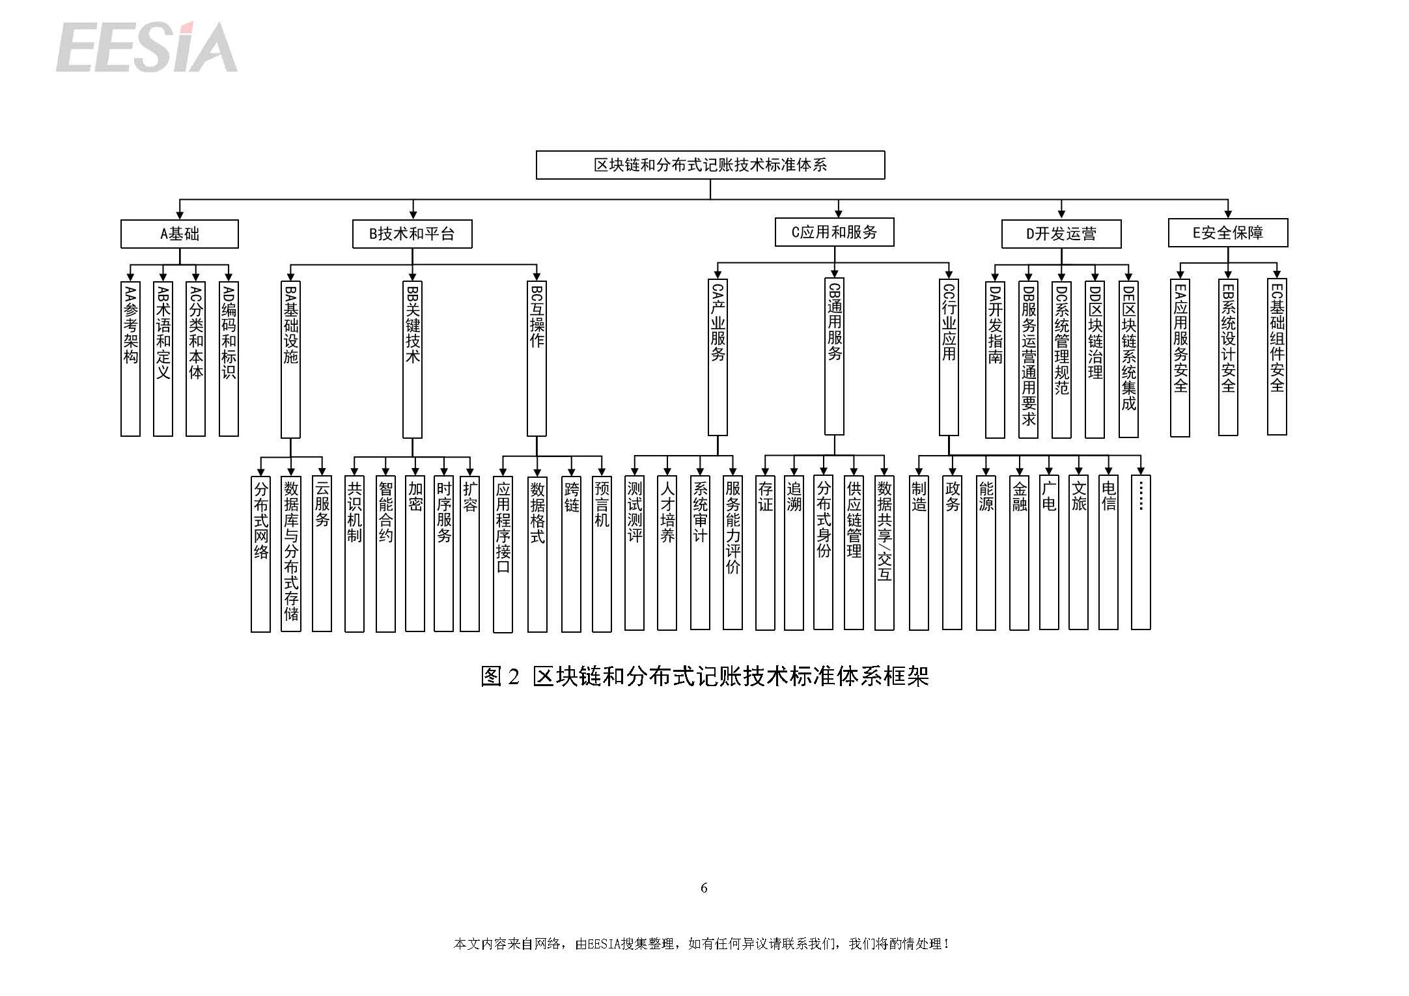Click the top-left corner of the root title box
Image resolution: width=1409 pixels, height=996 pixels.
pos(536,151)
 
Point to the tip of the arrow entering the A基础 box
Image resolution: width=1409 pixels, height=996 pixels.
pos(180,220)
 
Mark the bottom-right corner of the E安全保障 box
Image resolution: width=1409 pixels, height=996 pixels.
pos(1288,247)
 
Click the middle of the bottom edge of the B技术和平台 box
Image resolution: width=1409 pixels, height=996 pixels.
pos(412,248)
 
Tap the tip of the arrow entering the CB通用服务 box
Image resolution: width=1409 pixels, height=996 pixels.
pos(835,278)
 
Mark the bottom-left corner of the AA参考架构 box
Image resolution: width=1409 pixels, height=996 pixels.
pos(121,436)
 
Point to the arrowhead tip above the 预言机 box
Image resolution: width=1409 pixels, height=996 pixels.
pos(602,477)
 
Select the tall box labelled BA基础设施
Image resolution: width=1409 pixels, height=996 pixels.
pos(290,359)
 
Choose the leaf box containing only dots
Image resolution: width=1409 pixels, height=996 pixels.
pos(1141,553)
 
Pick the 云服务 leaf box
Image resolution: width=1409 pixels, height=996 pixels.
pos(322,554)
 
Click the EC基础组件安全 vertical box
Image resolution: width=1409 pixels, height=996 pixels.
pos(1277,357)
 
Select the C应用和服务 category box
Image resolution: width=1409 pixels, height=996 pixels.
pos(834,232)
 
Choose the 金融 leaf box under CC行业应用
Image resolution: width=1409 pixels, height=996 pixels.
pos(1019,553)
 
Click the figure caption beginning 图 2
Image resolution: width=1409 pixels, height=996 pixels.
pos(704,677)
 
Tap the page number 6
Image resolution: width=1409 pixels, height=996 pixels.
pos(704,888)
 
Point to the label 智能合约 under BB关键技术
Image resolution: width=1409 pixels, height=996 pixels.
pos(385,511)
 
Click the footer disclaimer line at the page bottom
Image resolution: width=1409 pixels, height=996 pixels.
pos(702,944)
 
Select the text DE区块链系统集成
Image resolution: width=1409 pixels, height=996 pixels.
pos(1128,348)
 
